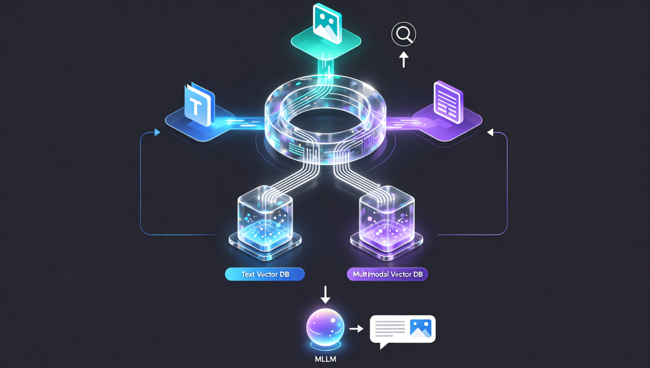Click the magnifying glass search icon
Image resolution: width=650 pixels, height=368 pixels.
[x=403, y=34]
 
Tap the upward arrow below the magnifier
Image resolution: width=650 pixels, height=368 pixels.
[x=404, y=59]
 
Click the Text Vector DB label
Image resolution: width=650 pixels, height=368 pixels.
[x=264, y=274]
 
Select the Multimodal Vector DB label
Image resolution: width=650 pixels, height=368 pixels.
[x=387, y=274]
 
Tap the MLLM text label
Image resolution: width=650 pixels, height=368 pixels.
[x=326, y=360]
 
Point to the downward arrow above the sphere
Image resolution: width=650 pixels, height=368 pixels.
[x=326, y=295]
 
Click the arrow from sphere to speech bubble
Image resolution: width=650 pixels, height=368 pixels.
[x=356, y=329]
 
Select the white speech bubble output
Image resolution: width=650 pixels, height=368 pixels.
[x=402, y=330]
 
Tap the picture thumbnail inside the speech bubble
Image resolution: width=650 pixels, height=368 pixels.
[x=420, y=328]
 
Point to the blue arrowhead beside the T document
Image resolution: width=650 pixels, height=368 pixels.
[x=158, y=133]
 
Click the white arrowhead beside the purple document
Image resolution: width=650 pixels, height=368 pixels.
[x=489, y=132]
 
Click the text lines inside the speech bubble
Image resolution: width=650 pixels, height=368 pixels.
[x=389, y=328]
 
